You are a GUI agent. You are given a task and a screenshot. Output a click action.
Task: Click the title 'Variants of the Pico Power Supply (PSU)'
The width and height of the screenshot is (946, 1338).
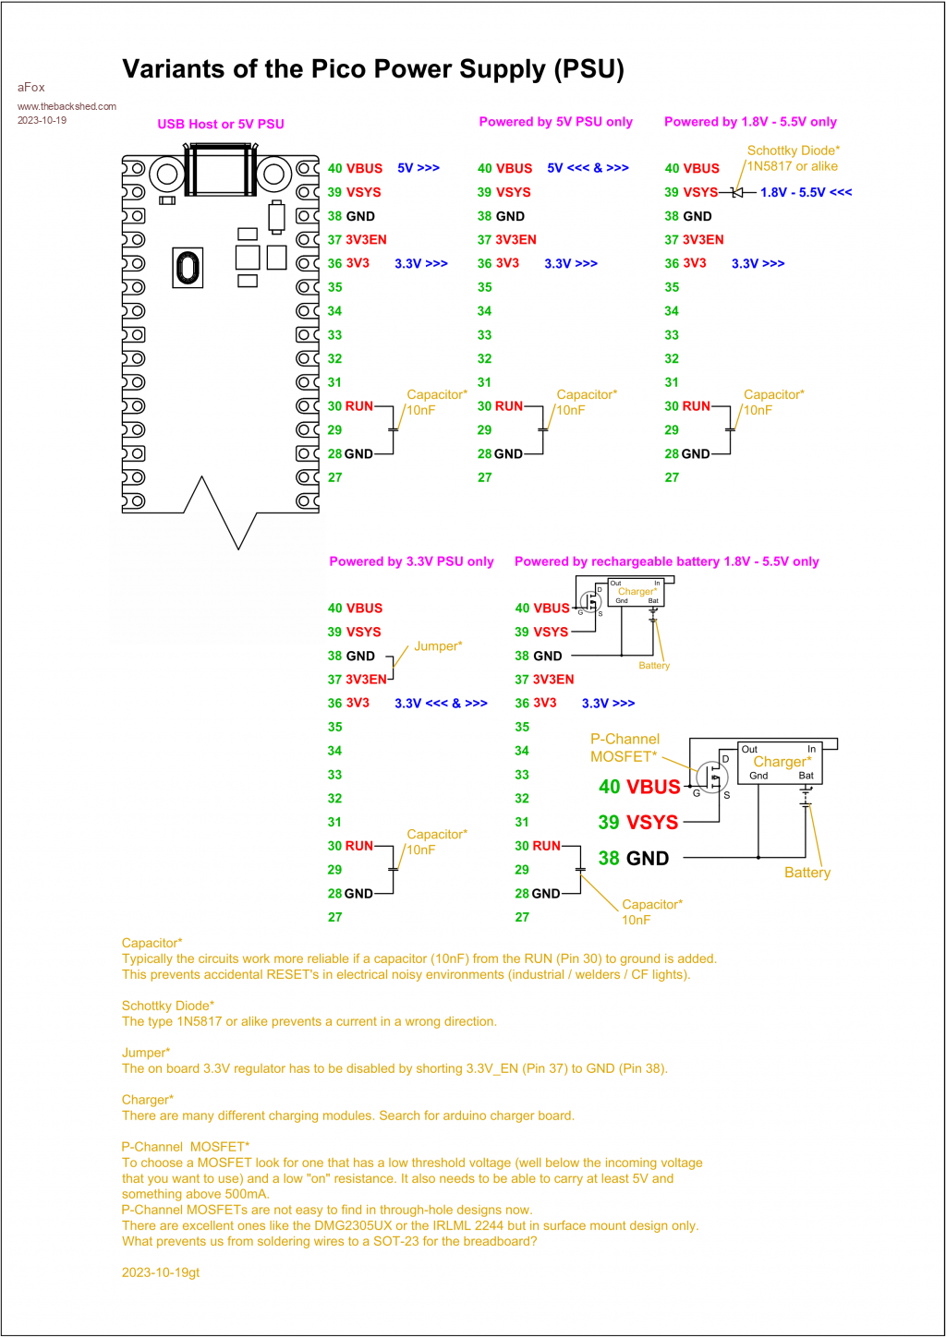pos(373,69)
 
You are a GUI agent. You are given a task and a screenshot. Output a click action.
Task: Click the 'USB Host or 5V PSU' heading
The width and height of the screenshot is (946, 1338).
pos(221,124)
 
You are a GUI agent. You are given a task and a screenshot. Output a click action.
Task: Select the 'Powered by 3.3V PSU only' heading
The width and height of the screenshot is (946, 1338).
pos(411,561)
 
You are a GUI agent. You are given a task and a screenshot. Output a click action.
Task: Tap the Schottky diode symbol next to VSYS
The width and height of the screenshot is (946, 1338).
pos(737,192)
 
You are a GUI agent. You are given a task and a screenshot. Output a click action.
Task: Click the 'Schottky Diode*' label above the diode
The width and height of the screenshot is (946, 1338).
pos(794,151)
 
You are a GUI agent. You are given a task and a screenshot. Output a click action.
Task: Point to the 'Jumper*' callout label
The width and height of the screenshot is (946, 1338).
pos(438,646)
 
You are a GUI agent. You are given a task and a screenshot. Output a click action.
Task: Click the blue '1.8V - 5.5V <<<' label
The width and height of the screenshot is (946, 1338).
pos(806,192)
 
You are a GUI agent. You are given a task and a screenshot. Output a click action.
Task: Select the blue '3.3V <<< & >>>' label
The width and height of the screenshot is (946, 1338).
pos(441,704)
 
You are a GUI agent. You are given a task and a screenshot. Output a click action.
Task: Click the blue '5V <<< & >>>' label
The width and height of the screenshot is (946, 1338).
pos(588,168)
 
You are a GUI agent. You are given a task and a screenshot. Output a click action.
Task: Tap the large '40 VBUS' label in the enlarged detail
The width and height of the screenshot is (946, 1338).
pos(639,787)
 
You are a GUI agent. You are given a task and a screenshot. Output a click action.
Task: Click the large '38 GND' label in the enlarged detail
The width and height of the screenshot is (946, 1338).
pos(633,859)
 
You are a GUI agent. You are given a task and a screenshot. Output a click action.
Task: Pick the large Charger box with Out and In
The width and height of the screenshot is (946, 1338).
pos(780,763)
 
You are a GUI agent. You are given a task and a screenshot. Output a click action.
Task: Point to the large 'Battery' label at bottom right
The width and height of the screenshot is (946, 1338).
pos(807,873)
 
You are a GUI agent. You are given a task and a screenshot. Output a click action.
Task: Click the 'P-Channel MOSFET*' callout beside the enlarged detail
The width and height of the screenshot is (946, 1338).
pos(625,748)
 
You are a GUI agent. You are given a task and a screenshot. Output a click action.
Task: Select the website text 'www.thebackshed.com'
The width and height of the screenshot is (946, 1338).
pos(67,106)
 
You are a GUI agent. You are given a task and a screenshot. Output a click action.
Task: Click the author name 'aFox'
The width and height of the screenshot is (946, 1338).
pos(31,87)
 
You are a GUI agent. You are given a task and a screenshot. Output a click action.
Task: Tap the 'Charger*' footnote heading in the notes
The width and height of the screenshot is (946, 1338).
pos(148,1100)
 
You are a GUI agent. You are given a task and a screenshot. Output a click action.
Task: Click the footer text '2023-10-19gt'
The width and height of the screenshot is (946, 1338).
pos(161,1272)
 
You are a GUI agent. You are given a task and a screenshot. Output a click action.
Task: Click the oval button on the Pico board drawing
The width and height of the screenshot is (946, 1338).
pos(188,268)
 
